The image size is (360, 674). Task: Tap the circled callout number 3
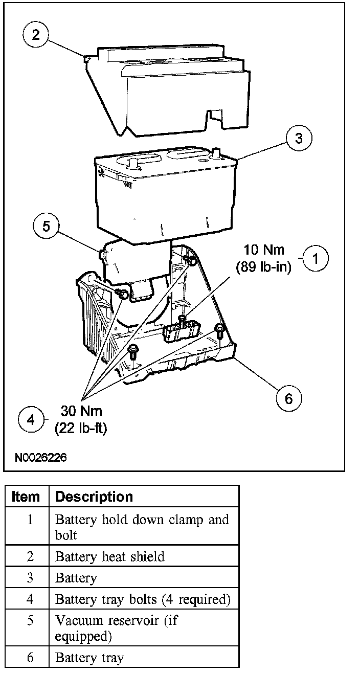pyautogui.click(x=299, y=139)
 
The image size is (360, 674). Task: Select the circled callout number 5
pyautogui.click(x=46, y=227)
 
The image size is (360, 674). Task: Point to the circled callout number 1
pyautogui.click(x=316, y=258)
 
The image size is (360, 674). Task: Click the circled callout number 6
pyautogui.click(x=288, y=397)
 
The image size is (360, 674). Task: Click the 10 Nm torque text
pyautogui.click(x=264, y=250)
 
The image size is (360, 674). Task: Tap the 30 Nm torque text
pyautogui.click(x=81, y=411)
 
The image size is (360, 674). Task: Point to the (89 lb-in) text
pyautogui.click(x=263, y=266)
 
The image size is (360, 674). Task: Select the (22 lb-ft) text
pyautogui.click(x=80, y=428)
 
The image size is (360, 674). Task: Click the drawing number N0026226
pyautogui.click(x=40, y=457)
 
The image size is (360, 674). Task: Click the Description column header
pyautogui.click(x=94, y=497)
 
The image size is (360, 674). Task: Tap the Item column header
pyautogui.click(x=26, y=497)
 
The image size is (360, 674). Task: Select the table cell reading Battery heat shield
pyautogui.click(x=110, y=556)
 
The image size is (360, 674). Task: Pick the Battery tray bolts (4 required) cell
pyautogui.click(x=143, y=598)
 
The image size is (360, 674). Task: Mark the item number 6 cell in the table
pyautogui.click(x=30, y=657)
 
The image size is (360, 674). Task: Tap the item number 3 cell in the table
pyautogui.click(x=30, y=577)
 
